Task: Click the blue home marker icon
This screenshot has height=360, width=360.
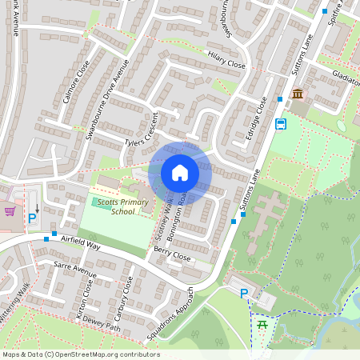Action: tap(180, 173)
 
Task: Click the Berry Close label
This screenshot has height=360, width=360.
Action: tap(172, 254)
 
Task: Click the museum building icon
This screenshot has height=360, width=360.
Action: tap(298, 95)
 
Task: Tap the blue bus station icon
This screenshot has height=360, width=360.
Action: tap(281, 124)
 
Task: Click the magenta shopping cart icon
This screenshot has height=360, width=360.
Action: tap(10, 211)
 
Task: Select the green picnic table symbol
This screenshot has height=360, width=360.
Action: tap(262, 324)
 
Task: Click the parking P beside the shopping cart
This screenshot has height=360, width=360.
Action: tap(33, 218)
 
